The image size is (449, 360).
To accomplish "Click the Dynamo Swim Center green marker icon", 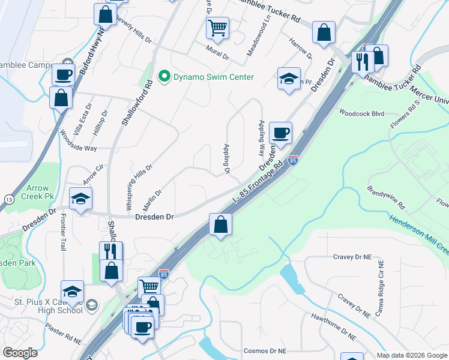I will (x=163, y=77).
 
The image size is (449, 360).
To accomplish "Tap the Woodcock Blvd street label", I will (x=361, y=112).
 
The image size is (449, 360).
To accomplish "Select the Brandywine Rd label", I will (x=387, y=197).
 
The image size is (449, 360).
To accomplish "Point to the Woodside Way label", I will (x=78, y=140).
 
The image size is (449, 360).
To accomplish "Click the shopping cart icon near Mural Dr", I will (x=217, y=27).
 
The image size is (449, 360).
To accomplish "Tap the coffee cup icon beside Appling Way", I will (x=280, y=133).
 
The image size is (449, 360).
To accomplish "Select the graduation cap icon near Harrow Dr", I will (x=289, y=78).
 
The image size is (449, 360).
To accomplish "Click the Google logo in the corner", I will (x=20, y=353).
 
